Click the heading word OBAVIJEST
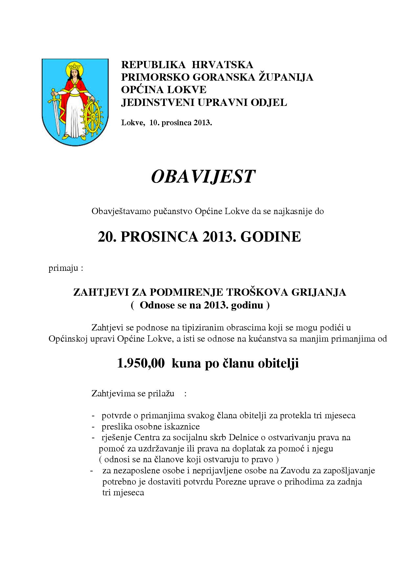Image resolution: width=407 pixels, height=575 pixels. pyautogui.click(x=203, y=177)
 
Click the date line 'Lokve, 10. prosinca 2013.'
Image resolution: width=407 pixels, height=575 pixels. pyautogui.click(x=167, y=123)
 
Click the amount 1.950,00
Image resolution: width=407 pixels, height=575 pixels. pyautogui.click(x=141, y=364)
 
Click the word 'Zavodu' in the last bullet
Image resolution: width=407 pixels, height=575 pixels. pyautogui.click(x=294, y=471)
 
